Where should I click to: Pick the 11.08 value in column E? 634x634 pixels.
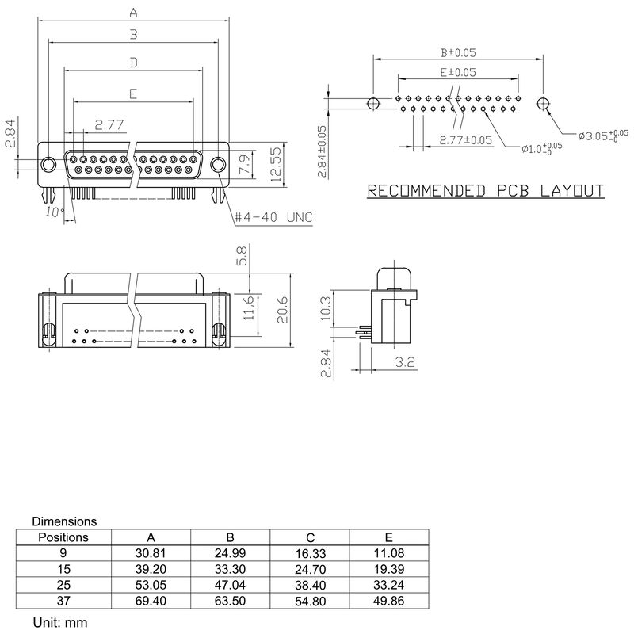point(388,553)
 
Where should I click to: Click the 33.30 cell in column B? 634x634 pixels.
point(230,570)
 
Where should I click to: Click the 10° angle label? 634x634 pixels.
point(53,212)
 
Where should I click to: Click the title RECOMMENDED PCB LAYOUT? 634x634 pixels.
point(486,191)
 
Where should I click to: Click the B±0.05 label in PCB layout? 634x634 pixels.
point(458,53)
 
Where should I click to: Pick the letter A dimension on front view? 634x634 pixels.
point(133,13)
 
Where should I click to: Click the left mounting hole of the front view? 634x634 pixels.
point(48,164)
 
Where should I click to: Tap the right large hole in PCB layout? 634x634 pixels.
point(543,104)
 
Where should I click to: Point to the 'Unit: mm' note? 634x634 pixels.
point(59,623)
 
